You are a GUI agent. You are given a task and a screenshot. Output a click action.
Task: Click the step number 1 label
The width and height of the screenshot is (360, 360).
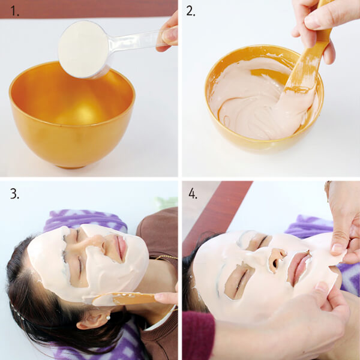click(x=14, y=11)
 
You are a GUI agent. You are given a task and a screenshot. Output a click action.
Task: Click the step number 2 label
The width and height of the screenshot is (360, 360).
click(x=191, y=11)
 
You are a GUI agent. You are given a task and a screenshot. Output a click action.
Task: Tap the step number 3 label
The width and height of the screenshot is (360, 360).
click(x=14, y=194)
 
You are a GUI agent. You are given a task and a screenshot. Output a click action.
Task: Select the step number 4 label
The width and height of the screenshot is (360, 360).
click(x=193, y=194)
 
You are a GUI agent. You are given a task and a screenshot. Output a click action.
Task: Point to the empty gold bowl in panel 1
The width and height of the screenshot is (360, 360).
click(x=72, y=114)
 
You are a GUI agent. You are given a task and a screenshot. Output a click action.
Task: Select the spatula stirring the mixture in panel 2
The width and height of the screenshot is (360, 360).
click(x=308, y=59)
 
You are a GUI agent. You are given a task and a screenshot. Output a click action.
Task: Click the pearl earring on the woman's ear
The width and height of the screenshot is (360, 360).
click(x=107, y=317)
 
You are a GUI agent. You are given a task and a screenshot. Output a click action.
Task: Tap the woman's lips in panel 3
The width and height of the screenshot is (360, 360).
click(x=121, y=247)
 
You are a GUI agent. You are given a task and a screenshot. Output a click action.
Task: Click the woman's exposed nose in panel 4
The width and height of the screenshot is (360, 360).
click(x=277, y=257)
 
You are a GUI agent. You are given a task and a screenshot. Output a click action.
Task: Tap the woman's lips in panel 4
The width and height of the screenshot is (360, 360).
click(x=298, y=266)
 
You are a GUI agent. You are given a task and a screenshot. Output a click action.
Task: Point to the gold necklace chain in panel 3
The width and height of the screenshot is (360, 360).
click(x=166, y=257)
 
